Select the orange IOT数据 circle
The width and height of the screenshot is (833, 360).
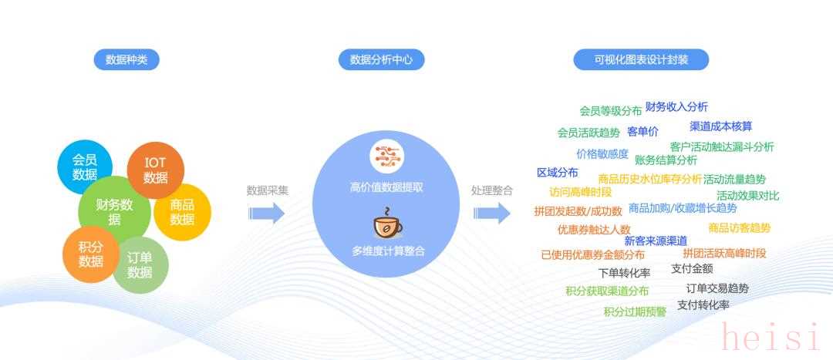tap(156, 170)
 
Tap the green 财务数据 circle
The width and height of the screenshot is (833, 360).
tap(114, 210)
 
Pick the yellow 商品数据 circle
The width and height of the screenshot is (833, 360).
tap(182, 212)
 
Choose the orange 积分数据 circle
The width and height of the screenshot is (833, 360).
tap(91, 254)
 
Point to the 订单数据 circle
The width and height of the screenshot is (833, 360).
tap(140, 265)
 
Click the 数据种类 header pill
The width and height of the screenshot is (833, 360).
tap(126, 59)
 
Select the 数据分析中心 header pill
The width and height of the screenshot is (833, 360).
tap(382, 59)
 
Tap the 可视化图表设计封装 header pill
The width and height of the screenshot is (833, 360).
tap(641, 59)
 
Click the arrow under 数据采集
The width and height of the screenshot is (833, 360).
tap(267, 214)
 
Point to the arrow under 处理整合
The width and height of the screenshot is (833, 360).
tap(492, 214)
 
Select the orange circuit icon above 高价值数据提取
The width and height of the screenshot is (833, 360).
tap(387, 154)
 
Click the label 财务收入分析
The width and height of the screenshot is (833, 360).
tap(677, 106)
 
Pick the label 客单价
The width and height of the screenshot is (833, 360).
tap(642, 132)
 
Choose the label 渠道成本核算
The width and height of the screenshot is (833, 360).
tap(721, 126)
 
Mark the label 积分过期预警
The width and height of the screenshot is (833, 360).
tap(636, 312)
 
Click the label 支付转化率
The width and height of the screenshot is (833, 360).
tap(703, 304)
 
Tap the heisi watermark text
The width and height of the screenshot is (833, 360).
tap(770, 337)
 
